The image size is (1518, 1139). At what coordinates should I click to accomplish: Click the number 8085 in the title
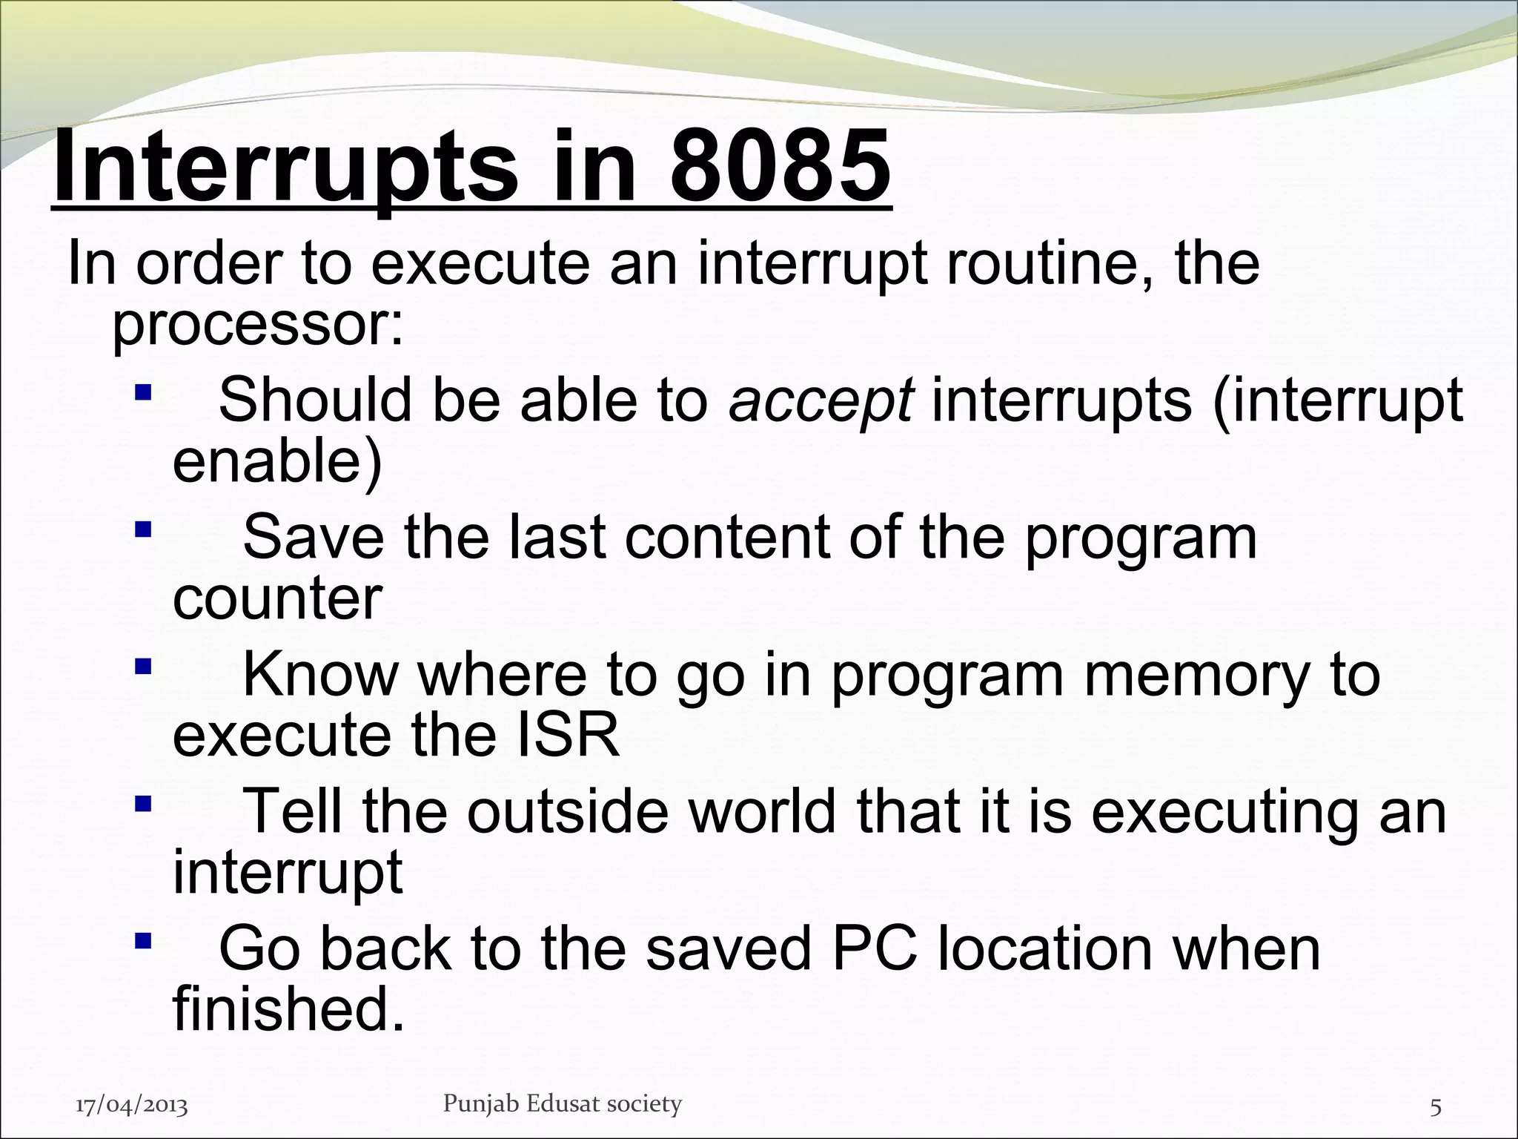pos(780,167)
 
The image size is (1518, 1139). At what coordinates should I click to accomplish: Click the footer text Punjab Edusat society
pos(562,1104)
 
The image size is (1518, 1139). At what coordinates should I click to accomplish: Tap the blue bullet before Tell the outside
pos(143,804)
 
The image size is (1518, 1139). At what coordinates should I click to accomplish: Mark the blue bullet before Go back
pos(143,942)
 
